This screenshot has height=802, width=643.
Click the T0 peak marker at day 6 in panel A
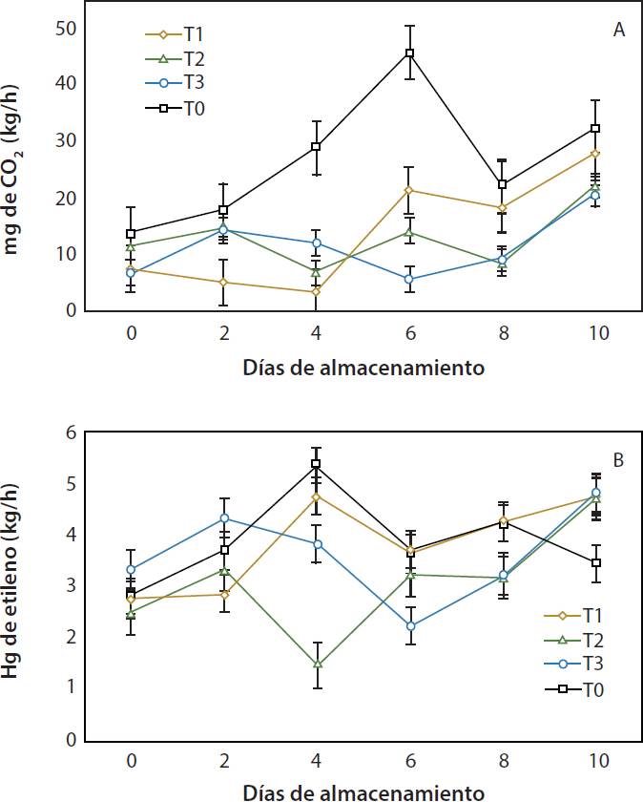point(409,53)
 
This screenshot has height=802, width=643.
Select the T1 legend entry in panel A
point(180,35)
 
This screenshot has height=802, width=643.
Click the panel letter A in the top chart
point(618,30)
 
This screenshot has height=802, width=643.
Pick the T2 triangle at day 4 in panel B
point(317,664)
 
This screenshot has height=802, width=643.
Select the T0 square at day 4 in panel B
point(317,464)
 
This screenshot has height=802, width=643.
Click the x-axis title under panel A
point(363,367)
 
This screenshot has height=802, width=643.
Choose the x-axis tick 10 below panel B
point(595,764)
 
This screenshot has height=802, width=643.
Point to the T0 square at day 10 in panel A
point(595,128)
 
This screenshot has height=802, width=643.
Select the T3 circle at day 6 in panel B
point(409,626)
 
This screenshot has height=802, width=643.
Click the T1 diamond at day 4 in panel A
point(317,292)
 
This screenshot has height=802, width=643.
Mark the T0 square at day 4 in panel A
point(317,147)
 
